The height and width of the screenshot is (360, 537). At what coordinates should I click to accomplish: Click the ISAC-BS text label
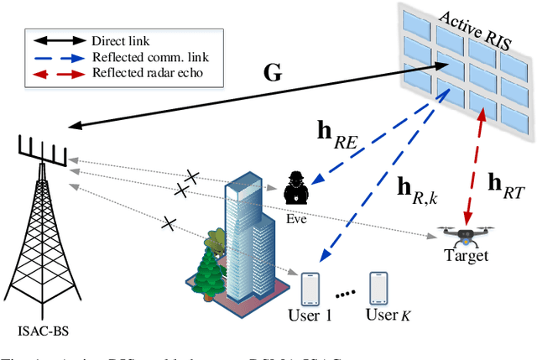click(x=41, y=328)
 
